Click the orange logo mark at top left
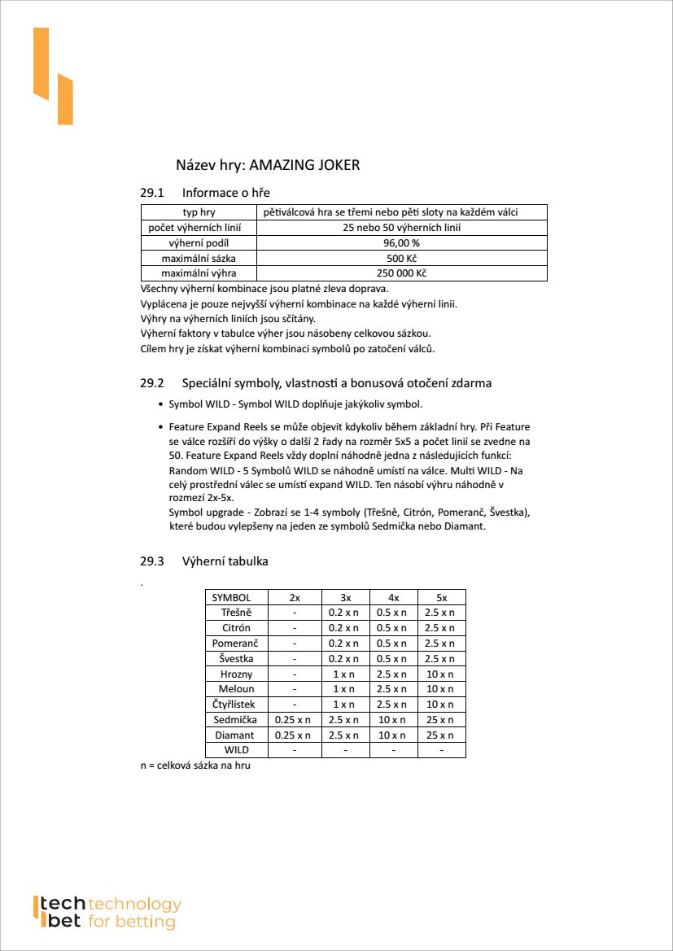pyautogui.click(x=53, y=76)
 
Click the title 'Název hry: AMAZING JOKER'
pyautogui.click(x=268, y=165)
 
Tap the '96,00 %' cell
pyautogui.click(x=401, y=242)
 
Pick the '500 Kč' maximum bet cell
pyautogui.click(x=401, y=258)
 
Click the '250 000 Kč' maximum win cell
pyautogui.click(x=401, y=273)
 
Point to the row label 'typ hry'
pyautogui.click(x=199, y=212)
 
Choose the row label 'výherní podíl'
pyautogui.click(x=199, y=242)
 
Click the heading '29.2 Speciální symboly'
pyautogui.click(x=316, y=382)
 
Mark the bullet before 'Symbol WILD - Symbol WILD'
pyautogui.click(x=160, y=405)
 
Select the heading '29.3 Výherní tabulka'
pyautogui.click(x=204, y=561)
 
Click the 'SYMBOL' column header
pyautogui.click(x=236, y=597)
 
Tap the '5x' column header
pyautogui.click(x=441, y=597)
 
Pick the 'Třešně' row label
pyautogui.click(x=236, y=613)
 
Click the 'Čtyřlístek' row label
pyautogui.click(x=236, y=705)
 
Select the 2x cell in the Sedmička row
pyautogui.click(x=294, y=720)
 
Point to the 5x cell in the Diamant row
pyautogui.click(x=441, y=735)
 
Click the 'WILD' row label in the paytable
pyautogui.click(x=236, y=750)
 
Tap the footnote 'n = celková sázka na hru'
pyautogui.click(x=195, y=766)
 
